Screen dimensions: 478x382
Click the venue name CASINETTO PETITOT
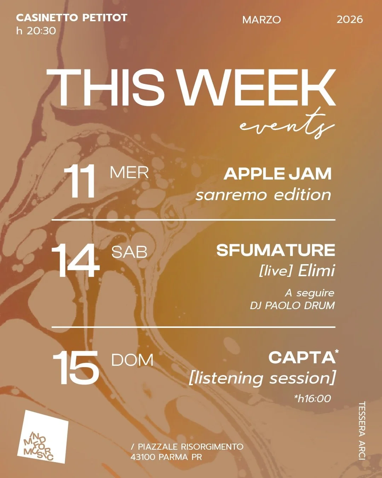(x=71, y=18)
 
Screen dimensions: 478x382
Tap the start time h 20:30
(x=36, y=31)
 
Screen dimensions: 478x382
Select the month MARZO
(x=261, y=20)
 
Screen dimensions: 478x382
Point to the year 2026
(x=349, y=19)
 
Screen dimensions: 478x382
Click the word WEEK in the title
(x=257, y=88)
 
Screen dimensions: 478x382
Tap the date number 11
(x=80, y=182)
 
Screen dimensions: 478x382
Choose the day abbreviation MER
(x=129, y=173)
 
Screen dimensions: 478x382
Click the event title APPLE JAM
(x=278, y=174)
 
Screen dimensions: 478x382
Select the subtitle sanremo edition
(x=264, y=195)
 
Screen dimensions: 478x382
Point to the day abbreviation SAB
(x=129, y=252)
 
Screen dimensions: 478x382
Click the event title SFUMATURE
(x=276, y=250)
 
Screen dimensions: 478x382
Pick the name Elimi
(x=316, y=271)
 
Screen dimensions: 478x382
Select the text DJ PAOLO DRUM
(x=292, y=306)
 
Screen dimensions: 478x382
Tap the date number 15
(x=76, y=368)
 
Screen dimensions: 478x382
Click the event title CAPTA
(x=302, y=358)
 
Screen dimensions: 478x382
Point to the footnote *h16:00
(x=312, y=399)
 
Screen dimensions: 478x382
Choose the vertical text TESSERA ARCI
(x=361, y=431)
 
